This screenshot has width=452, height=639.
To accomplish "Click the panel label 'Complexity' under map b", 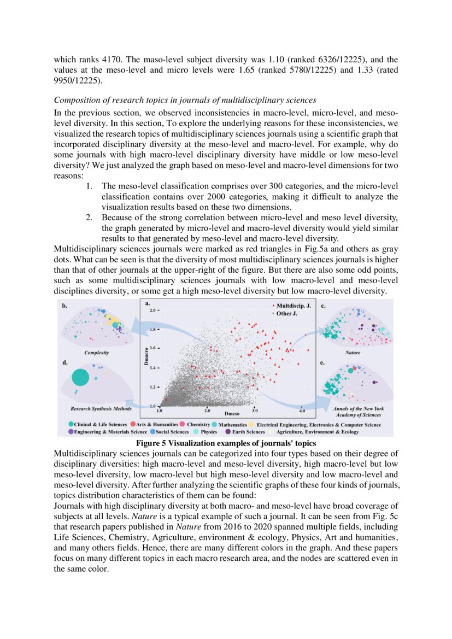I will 96,353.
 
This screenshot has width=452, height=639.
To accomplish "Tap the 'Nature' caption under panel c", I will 353,353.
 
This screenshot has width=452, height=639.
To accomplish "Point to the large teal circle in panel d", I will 80,378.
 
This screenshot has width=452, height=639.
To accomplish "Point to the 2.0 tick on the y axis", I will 152,310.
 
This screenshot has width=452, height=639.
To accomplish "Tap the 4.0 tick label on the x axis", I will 302,409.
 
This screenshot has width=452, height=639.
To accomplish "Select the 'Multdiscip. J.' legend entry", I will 293,306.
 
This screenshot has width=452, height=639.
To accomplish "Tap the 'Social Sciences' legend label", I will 174,432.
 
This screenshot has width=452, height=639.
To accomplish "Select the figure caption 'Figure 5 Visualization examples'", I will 226,443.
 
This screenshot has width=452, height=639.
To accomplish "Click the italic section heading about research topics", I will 185,100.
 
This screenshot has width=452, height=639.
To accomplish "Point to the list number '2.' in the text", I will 90,217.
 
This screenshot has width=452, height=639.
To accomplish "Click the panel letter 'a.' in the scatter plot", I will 147,303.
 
